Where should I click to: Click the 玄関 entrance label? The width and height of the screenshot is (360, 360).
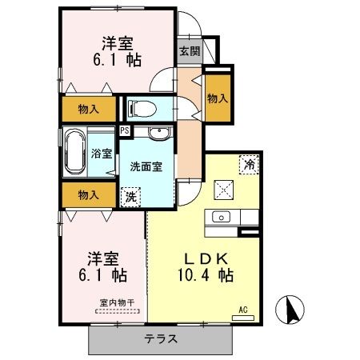(x=190, y=52)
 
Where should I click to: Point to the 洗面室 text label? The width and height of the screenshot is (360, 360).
(x=146, y=166)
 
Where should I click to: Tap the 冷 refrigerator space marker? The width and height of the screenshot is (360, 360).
(x=249, y=165)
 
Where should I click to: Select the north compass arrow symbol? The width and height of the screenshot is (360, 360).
(x=289, y=310)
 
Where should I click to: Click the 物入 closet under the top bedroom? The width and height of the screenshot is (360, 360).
(x=88, y=109)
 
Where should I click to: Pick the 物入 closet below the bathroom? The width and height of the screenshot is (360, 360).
(x=88, y=194)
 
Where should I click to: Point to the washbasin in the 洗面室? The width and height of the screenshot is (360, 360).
(x=158, y=133)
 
